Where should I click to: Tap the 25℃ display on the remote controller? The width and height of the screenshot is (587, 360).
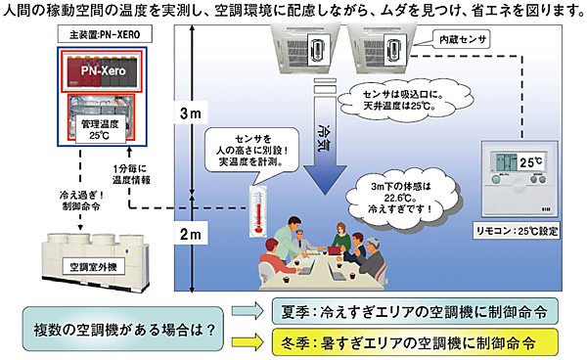(x=519, y=158)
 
